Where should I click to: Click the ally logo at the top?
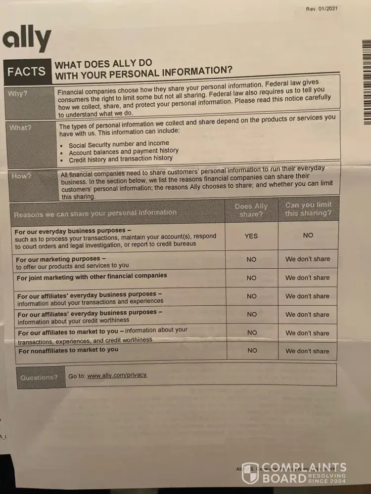click(x=27, y=40)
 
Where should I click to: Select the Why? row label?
click(x=17, y=94)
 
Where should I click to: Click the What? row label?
click(x=20, y=128)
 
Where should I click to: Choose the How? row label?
click(x=21, y=176)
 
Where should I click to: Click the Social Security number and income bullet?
click(x=119, y=144)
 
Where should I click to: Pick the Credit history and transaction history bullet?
click(x=121, y=159)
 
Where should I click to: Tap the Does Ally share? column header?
click(x=251, y=210)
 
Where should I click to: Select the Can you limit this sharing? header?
click(x=308, y=209)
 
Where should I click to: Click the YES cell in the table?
click(x=251, y=236)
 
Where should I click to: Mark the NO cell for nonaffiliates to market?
click(x=252, y=351)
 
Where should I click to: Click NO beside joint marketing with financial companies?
click(x=252, y=278)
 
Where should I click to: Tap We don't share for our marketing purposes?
click(x=307, y=259)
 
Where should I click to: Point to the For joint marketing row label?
click(x=92, y=276)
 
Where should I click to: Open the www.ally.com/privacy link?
click(x=117, y=375)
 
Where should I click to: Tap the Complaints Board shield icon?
click(x=250, y=473)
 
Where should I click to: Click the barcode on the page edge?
click(x=366, y=82)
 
